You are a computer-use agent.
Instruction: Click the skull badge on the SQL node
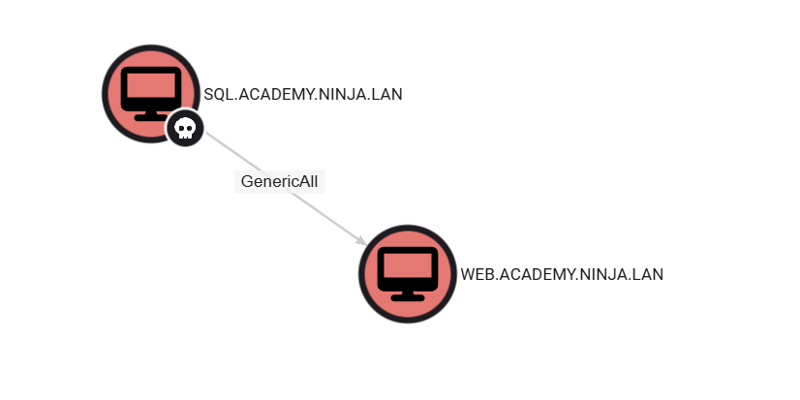pyautogui.click(x=185, y=128)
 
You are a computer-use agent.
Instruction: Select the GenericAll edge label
pyautogui.click(x=279, y=182)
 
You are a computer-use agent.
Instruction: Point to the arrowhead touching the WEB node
pyautogui.click(x=361, y=241)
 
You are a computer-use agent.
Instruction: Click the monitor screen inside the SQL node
pyautogui.click(x=151, y=85)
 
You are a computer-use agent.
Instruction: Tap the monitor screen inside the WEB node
pyautogui.click(x=408, y=265)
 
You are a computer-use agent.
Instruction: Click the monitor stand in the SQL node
pyautogui.click(x=150, y=116)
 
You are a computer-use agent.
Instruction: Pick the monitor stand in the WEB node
pyautogui.click(x=408, y=296)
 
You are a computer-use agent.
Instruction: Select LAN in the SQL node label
pyautogui.click(x=386, y=94)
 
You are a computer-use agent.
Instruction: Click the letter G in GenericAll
pyautogui.click(x=246, y=182)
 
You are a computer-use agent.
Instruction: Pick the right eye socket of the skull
pyautogui.click(x=189, y=128)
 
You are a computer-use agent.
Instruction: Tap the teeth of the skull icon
pyautogui.click(x=185, y=137)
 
